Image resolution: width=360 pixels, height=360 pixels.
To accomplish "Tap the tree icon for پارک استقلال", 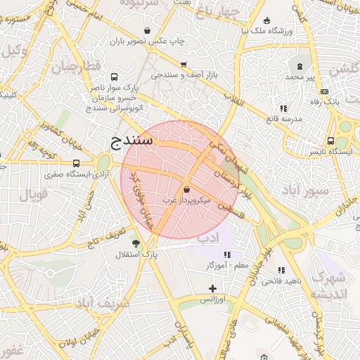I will click(136, 243).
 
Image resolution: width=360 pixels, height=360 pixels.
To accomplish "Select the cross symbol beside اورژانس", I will click(213, 288).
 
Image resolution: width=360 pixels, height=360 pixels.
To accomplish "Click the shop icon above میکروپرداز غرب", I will click(186, 190).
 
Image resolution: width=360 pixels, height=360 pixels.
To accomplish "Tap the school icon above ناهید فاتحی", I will click(281, 270).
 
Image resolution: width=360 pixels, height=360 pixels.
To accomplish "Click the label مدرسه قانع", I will click(283, 119).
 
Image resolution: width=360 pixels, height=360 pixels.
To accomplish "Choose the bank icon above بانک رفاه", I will click(323, 91).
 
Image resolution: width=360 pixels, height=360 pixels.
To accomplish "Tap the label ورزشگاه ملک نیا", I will click(264, 32).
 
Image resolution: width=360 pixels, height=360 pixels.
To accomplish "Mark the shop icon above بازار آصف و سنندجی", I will click(184, 64).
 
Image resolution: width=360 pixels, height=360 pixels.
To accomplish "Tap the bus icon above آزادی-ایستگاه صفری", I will click(76, 164).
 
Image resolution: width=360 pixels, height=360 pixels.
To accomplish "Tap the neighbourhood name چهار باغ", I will click(219, 13).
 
